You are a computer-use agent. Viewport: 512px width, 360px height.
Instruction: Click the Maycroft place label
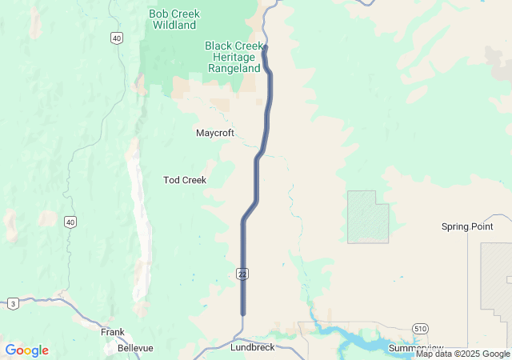click(x=215, y=133)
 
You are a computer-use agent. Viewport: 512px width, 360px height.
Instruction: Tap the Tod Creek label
click(x=185, y=180)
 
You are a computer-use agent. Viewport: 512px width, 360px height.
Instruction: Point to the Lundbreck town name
click(x=252, y=348)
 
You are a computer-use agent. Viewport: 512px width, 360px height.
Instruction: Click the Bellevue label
click(x=135, y=348)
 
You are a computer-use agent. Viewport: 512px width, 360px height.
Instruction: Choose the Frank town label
click(x=113, y=331)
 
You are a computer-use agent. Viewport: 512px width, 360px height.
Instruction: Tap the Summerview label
click(x=416, y=348)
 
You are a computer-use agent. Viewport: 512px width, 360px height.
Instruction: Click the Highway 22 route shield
click(x=242, y=274)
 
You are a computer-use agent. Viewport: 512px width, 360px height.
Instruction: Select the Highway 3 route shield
click(x=14, y=303)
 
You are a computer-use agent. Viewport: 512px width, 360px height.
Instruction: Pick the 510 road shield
click(x=421, y=329)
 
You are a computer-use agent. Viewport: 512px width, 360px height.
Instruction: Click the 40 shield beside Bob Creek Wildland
click(x=118, y=38)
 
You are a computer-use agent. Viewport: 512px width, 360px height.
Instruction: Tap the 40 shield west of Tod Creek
click(x=71, y=222)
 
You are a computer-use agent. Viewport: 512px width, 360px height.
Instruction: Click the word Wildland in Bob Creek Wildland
click(x=174, y=26)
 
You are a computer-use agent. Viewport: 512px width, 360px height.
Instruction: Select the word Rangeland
click(x=234, y=69)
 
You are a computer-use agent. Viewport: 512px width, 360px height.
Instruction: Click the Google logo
click(x=26, y=350)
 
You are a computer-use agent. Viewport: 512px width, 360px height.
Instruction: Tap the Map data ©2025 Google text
click(x=462, y=354)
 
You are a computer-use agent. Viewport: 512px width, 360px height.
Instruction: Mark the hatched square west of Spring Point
click(x=368, y=217)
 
